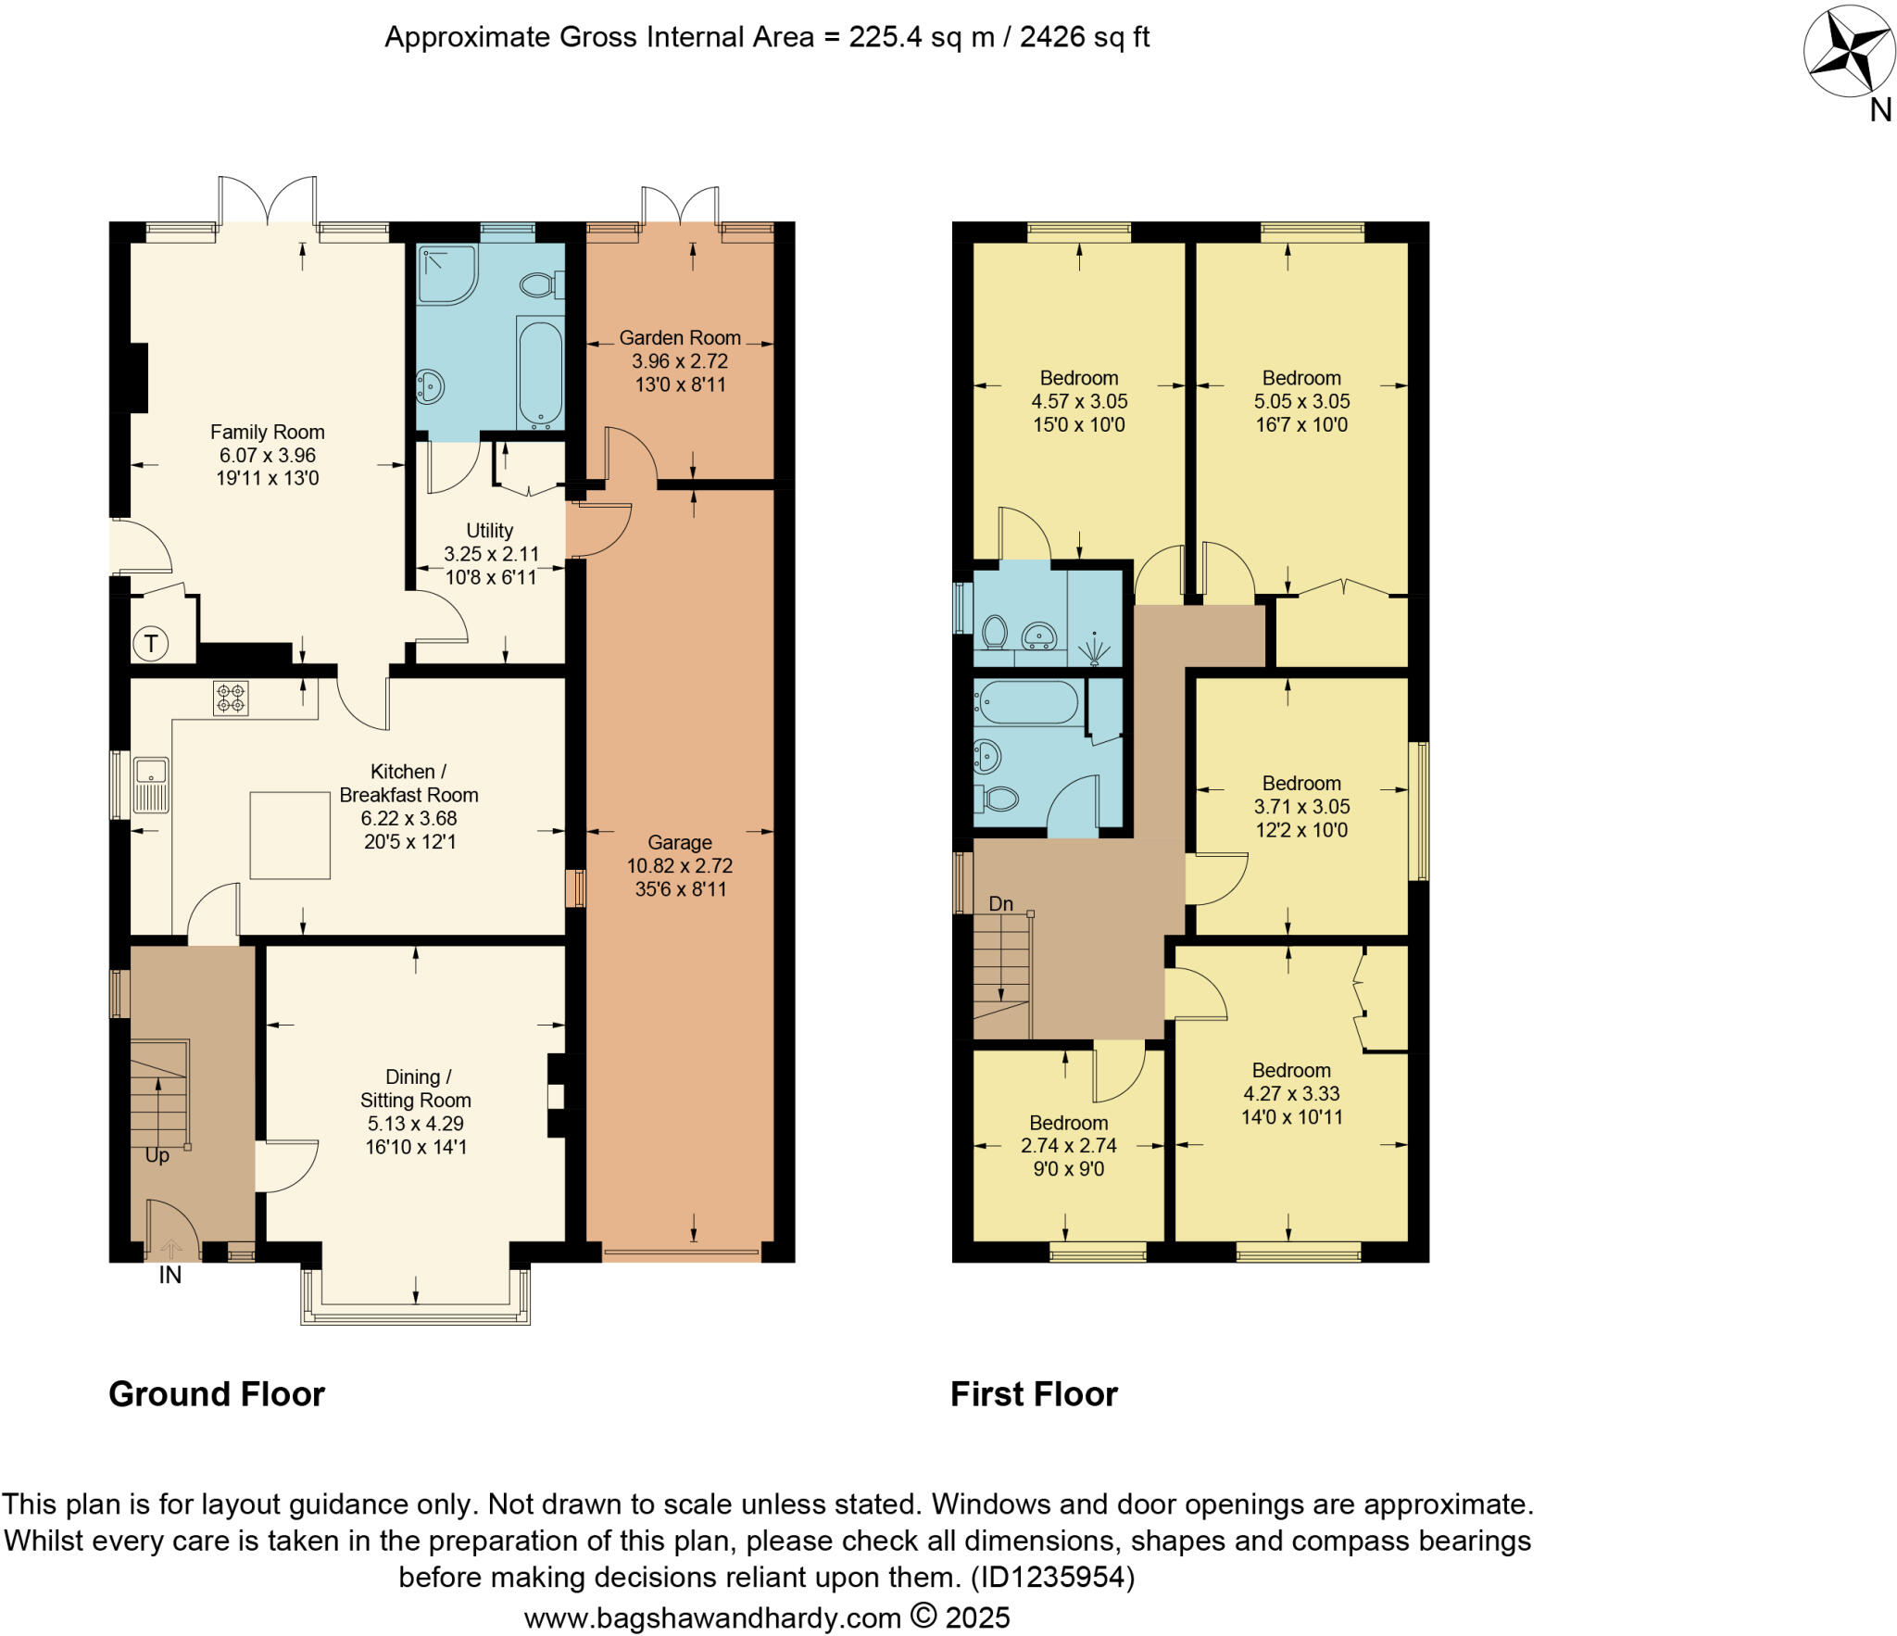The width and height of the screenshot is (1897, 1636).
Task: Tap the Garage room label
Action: click(679, 842)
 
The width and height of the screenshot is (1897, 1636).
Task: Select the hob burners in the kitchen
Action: click(231, 698)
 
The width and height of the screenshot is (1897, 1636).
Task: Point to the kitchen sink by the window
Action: click(151, 784)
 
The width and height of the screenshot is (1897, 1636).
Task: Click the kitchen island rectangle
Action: click(290, 835)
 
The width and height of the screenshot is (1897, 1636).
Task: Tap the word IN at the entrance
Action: click(170, 1276)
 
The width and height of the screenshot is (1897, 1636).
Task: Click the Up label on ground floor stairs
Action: click(157, 1156)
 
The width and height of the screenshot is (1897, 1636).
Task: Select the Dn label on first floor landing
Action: click(1000, 903)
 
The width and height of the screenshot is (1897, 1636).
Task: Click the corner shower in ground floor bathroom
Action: click(446, 274)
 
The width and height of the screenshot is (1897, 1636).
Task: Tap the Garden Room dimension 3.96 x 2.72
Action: click(679, 361)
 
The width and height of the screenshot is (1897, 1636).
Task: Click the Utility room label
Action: click(489, 531)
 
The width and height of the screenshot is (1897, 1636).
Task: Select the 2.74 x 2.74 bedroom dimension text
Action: click(1068, 1145)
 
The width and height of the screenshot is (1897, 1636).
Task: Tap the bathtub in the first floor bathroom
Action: click(1025, 703)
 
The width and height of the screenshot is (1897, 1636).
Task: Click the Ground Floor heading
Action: click(217, 1394)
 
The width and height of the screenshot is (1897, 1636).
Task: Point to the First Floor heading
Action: click(1034, 1394)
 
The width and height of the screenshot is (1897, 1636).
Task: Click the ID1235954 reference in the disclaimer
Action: click(1051, 1577)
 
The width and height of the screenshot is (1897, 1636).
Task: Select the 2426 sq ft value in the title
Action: click(1084, 37)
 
